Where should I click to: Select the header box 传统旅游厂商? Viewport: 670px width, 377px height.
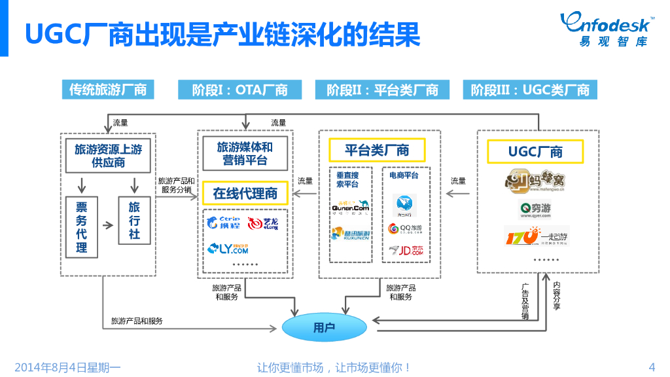(x=108, y=90)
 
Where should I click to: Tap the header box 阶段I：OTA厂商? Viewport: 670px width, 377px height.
(x=240, y=90)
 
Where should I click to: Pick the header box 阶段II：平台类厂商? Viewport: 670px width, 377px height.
(x=383, y=90)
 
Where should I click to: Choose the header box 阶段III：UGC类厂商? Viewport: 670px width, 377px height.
(x=531, y=90)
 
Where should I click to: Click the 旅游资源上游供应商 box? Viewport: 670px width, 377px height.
(x=109, y=155)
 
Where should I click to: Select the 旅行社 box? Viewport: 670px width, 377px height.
(x=134, y=221)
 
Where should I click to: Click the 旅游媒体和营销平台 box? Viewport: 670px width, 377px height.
(x=245, y=153)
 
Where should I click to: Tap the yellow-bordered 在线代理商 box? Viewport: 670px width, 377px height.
(x=245, y=193)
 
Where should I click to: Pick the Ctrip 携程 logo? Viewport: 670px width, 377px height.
(x=223, y=223)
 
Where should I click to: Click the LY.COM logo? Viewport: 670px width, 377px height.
(x=228, y=248)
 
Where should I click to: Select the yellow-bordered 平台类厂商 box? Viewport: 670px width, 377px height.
(x=377, y=150)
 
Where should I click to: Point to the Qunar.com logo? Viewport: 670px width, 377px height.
(x=351, y=207)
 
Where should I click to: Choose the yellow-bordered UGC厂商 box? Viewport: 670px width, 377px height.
(x=535, y=152)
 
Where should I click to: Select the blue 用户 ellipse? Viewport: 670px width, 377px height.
(x=324, y=327)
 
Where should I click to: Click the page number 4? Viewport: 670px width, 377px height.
(x=652, y=367)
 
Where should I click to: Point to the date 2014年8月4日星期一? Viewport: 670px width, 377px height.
(x=67, y=367)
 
